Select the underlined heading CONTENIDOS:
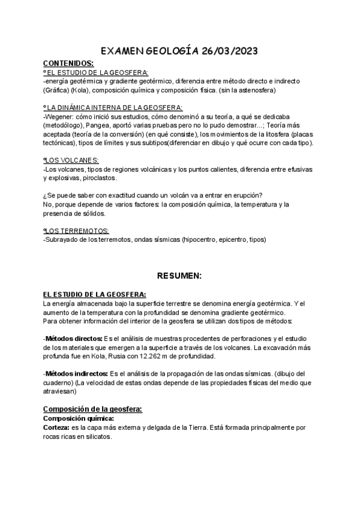(68, 63)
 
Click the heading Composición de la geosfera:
(92, 409)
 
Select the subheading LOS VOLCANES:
(72, 161)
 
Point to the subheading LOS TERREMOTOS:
(77, 230)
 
